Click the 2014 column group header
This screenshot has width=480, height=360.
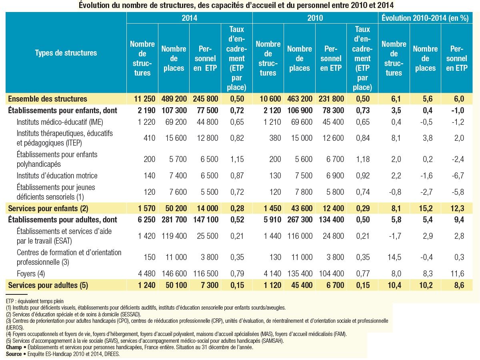coord(189,18)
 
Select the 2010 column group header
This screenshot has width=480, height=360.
coord(315,18)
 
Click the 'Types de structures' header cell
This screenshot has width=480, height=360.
coord(66,53)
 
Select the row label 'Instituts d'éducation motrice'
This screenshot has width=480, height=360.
coord(57,176)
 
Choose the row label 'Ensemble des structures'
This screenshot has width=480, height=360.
coord(48,99)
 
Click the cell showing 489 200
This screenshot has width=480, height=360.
coord(174,99)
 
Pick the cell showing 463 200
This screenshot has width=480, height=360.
coord(299,99)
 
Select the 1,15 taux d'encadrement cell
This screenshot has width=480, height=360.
coord(237,159)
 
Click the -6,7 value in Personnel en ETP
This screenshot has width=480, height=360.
coord(456,176)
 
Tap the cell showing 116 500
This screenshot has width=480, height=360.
coord(206,274)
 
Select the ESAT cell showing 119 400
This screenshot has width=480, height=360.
coord(174,236)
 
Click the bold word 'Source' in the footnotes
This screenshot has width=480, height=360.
coord(14,354)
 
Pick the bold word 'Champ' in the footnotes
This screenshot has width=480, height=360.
coord(14,347)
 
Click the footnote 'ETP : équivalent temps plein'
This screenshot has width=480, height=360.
coord(35,301)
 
